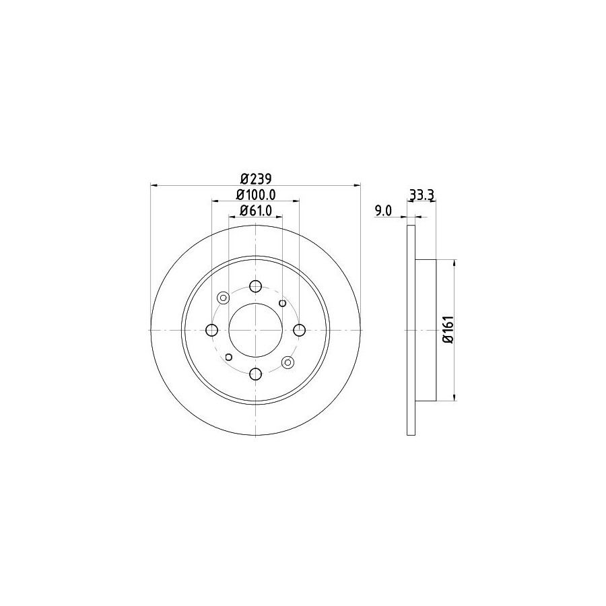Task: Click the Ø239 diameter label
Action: coord(256,179)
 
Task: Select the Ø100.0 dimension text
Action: coord(256,195)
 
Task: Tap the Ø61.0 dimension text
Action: coord(256,210)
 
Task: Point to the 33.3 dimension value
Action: coord(422,195)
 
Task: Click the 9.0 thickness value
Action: coord(383,211)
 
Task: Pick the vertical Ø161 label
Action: coord(448,329)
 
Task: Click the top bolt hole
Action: coord(255,286)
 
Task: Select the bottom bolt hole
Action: coord(255,374)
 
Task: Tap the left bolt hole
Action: coord(212,330)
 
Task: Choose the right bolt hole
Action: coord(299,330)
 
